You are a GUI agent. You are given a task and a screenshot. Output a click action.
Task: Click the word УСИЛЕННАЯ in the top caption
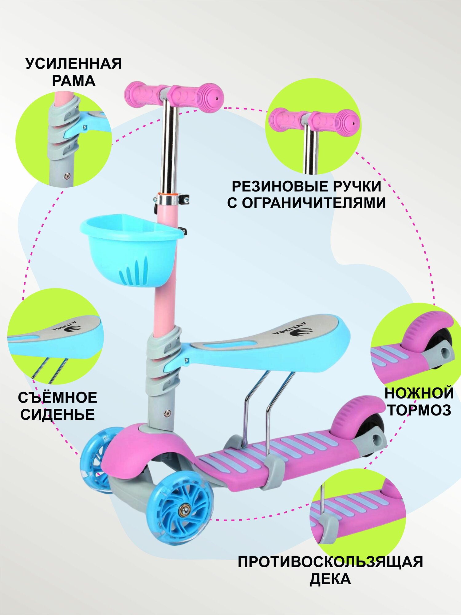[74, 64]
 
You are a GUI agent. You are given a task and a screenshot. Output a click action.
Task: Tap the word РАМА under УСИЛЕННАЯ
[74, 81]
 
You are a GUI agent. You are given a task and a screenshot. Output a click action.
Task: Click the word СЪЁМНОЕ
[57, 398]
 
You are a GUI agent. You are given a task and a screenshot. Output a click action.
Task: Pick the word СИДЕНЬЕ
[57, 415]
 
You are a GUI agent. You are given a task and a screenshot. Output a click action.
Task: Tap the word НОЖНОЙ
[419, 393]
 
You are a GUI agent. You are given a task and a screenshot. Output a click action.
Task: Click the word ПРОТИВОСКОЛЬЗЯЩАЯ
[330, 562]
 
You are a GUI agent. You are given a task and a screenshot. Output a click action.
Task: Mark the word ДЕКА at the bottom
[330, 579]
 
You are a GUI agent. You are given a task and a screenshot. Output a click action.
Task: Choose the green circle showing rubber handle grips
[313, 126]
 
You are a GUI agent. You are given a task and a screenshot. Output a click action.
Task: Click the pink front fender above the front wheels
[144, 449]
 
